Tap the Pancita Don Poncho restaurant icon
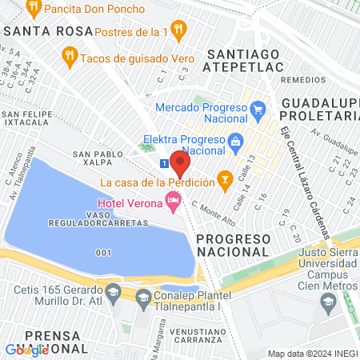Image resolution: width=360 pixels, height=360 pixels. pyautogui.click(x=33, y=9)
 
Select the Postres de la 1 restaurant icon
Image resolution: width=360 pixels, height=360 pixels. pyautogui.click(x=179, y=30)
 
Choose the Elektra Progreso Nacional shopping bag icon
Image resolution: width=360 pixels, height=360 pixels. pyautogui.click(x=235, y=145)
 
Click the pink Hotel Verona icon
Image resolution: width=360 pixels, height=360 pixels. pyautogui.click(x=172, y=202)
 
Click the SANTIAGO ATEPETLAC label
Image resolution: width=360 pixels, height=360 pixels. pyautogui.click(x=244, y=61)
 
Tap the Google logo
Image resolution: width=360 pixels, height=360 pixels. pyautogui.click(x=26, y=350)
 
